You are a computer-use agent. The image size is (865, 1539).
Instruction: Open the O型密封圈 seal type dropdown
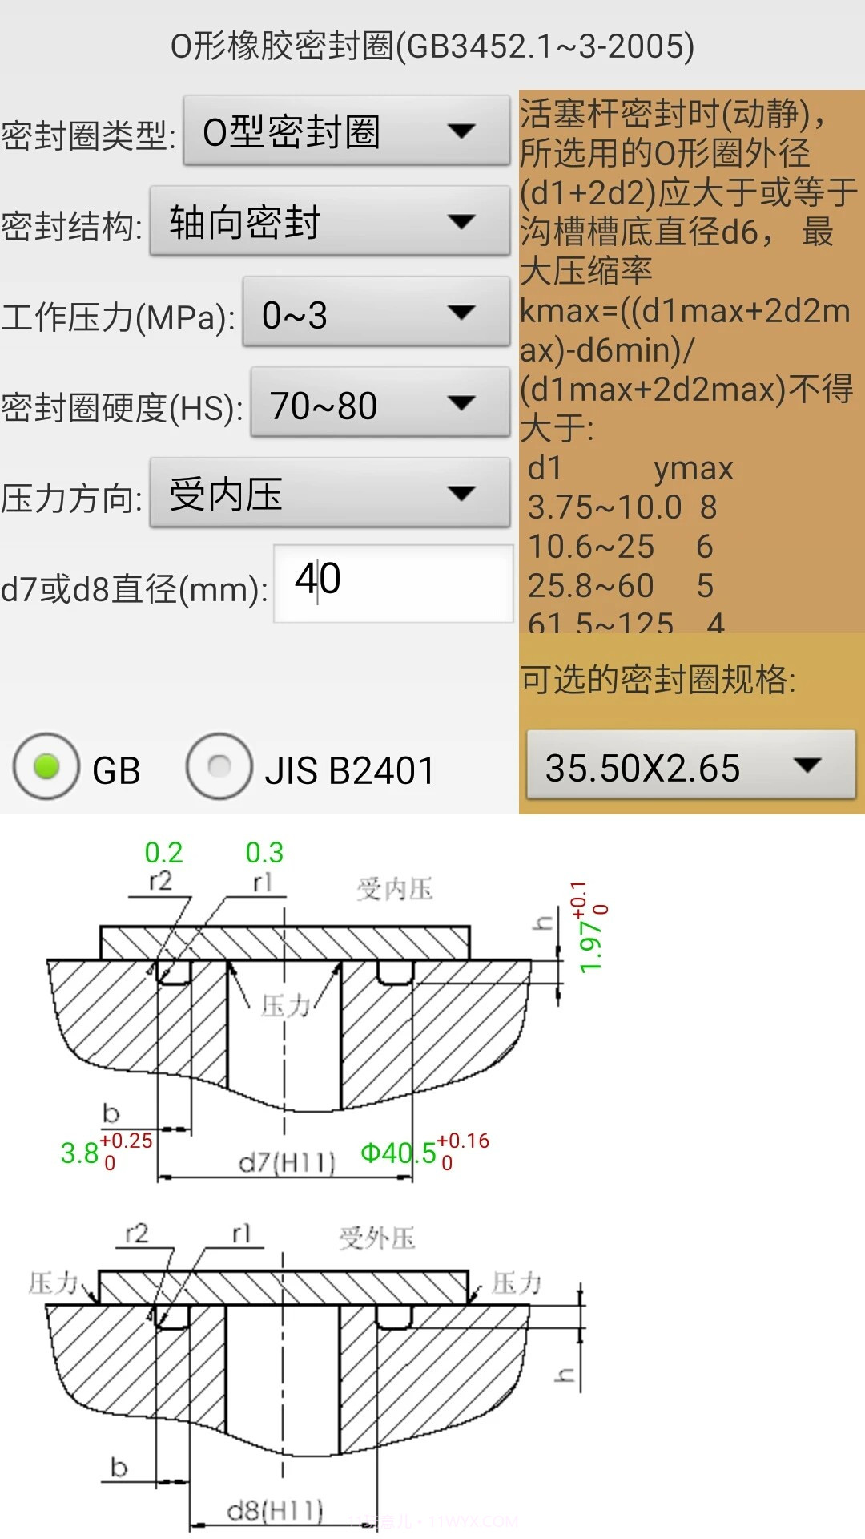coord(346,131)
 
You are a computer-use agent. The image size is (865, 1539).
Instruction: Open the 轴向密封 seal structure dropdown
coord(329,222)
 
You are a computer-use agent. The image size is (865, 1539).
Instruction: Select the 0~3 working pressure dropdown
coord(376,313)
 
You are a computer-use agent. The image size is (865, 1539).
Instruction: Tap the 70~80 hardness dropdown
coord(380,404)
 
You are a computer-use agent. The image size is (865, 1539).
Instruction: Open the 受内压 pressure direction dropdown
coord(329,494)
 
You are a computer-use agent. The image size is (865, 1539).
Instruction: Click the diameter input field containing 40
coord(392,582)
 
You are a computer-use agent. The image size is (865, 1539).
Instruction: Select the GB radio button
coord(46,767)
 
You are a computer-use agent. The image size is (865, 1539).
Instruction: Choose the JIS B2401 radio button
coord(219,767)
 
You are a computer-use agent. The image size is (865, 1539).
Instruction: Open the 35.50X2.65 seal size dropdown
coord(690,766)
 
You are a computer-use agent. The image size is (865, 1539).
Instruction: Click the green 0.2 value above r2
coord(163,853)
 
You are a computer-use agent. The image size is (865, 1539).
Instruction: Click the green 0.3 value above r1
coord(264,853)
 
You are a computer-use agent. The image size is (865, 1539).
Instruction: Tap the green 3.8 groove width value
coord(79,1153)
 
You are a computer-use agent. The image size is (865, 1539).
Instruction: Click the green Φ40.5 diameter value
coord(398,1153)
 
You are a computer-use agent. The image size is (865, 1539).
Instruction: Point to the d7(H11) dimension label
coord(287,1161)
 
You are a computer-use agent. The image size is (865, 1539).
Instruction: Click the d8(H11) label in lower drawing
coord(275,1511)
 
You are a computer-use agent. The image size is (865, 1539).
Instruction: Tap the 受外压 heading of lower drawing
coord(376,1238)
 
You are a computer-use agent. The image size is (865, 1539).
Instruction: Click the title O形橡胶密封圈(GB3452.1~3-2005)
coord(432,46)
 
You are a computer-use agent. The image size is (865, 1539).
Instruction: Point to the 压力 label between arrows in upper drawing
coord(285,1004)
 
